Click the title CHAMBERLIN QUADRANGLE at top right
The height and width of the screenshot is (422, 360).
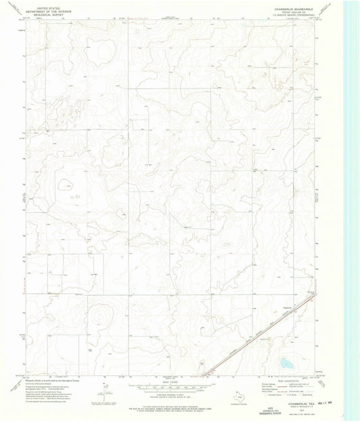[292, 9]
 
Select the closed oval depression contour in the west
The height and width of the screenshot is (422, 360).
[66, 183]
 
